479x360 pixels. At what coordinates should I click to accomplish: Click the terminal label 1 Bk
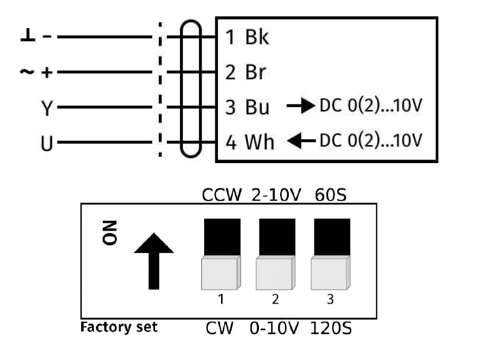pos(247,38)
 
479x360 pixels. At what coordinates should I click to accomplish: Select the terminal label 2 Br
pos(246,72)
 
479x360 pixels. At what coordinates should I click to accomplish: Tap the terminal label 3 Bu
pos(247,107)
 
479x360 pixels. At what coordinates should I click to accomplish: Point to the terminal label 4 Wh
pos(250,142)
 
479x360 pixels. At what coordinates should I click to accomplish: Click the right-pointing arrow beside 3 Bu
pos(300,107)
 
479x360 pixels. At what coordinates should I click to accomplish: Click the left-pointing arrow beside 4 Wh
pos(300,141)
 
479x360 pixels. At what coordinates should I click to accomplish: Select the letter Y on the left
pos(47,108)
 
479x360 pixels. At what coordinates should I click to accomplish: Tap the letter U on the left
pos(47,143)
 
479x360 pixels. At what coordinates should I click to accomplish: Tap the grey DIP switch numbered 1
pos(221,273)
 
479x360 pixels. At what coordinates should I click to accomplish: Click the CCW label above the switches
pos(221,195)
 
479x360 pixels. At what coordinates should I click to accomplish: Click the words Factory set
pos(119,327)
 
